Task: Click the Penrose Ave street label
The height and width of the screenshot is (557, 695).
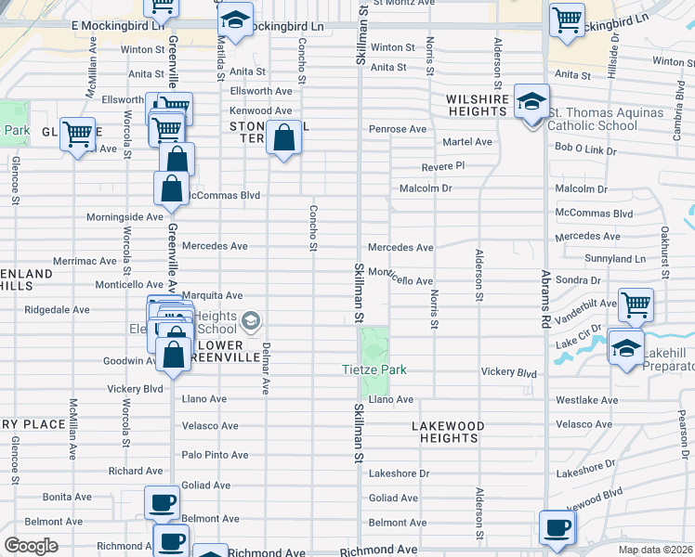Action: pyautogui.click(x=397, y=129)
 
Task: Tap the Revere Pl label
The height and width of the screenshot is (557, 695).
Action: pyautogui.click(x=441, y=166)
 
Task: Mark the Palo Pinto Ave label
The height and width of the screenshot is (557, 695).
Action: pyautogui.click(x=215, y=455)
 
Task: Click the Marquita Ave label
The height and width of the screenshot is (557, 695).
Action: pyautogui.click(x=212, y=296)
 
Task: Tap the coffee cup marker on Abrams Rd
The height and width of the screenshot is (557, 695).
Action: pyautogui.click(x=557, y=527)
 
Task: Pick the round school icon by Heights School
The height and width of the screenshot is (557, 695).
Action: pyautogui.click(x=250, y=322)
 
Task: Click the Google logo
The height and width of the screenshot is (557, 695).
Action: pyautogui.click(x=32, y=546)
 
